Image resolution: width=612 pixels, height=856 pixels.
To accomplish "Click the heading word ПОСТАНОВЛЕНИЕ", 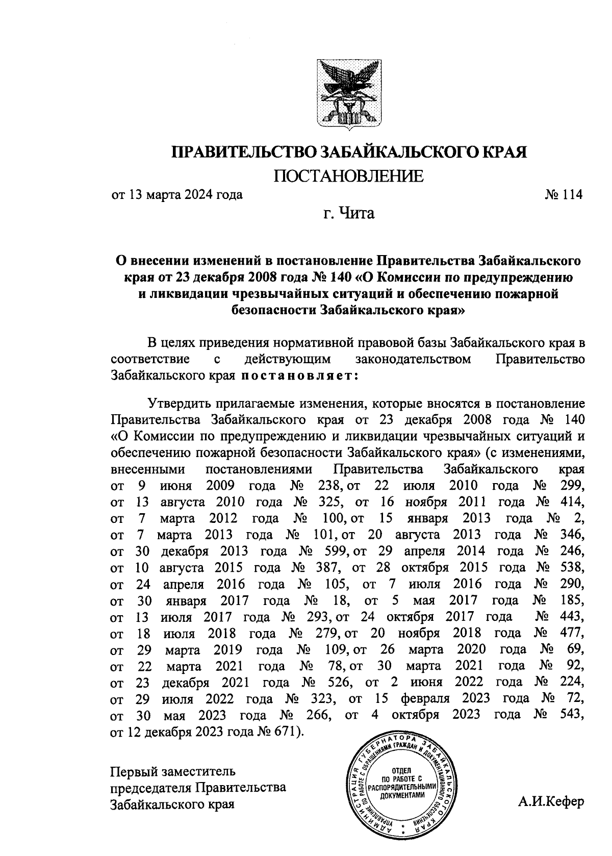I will pos(349,177).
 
